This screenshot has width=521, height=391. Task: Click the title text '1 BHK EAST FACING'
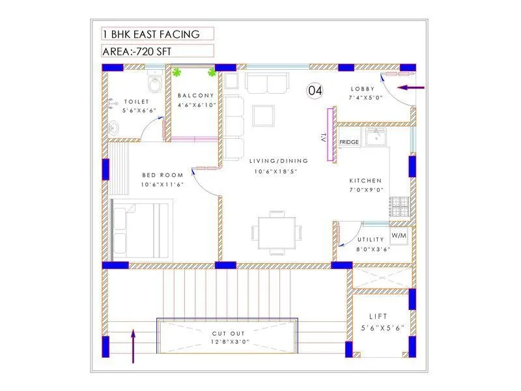point(150,34)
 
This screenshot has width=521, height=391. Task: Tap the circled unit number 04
point(315,91)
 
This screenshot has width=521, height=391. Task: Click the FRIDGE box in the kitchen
point(349,142)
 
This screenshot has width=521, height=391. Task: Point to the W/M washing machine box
point(399,234)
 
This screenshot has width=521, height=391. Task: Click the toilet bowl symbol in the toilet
point(154,83)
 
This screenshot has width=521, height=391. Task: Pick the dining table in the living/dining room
point(277,231)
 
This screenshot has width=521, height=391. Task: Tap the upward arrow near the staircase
point(134,346)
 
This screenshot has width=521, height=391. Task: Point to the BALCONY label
point(193,96)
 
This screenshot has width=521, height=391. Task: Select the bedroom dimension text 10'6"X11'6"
point(163,184)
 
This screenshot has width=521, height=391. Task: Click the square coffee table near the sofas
point(264,115)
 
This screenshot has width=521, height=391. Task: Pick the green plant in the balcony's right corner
point(211,72)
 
